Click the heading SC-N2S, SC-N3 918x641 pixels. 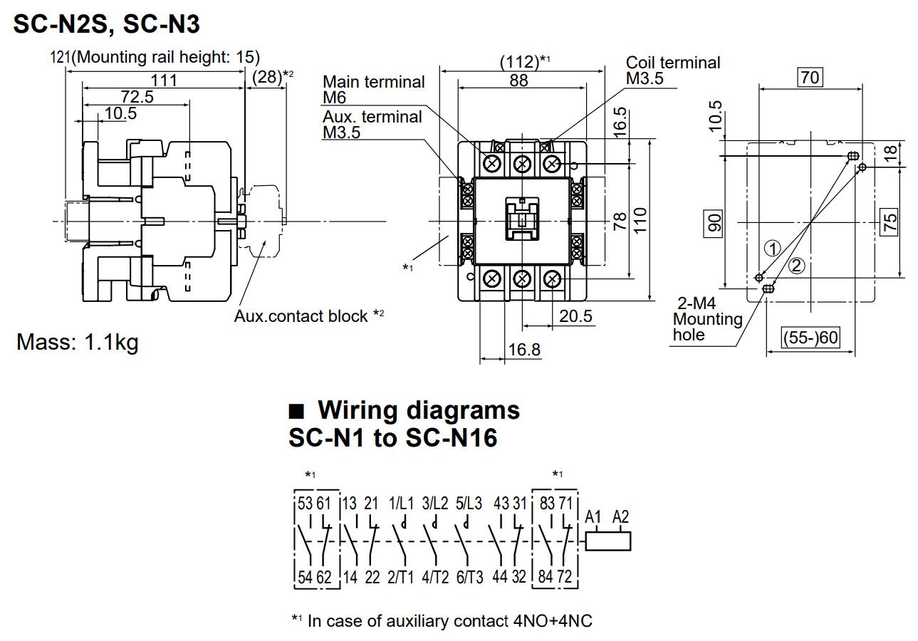pyautogui.click(x=107, y=26)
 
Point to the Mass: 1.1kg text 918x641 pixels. pyautogui.click(x=78, y=343)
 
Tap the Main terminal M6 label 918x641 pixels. pyautogui.click(x=373, y=90)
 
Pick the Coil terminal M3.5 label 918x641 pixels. pyautogui.click(x=673, y=70)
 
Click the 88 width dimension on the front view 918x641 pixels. pyautogui.click(x=519, y=80)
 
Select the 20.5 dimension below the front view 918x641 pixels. pyautogui.click(x=575, y=316)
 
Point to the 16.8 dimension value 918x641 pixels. pyautogui.click(x=524, y=350)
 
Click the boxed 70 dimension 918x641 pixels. pyautogui.click(x=810, y=77)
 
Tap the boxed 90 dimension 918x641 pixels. pyautogui.click(x=715, y=222)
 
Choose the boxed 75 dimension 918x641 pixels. pyautogui.click(x=890, y=222)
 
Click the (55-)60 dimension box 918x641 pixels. pyautogui.click(x=810, y=338)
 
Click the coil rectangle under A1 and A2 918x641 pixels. pyautogui.click(x=608, y=541)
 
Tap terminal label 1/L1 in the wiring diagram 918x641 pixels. pyautogui.click(x=400, y=504)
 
